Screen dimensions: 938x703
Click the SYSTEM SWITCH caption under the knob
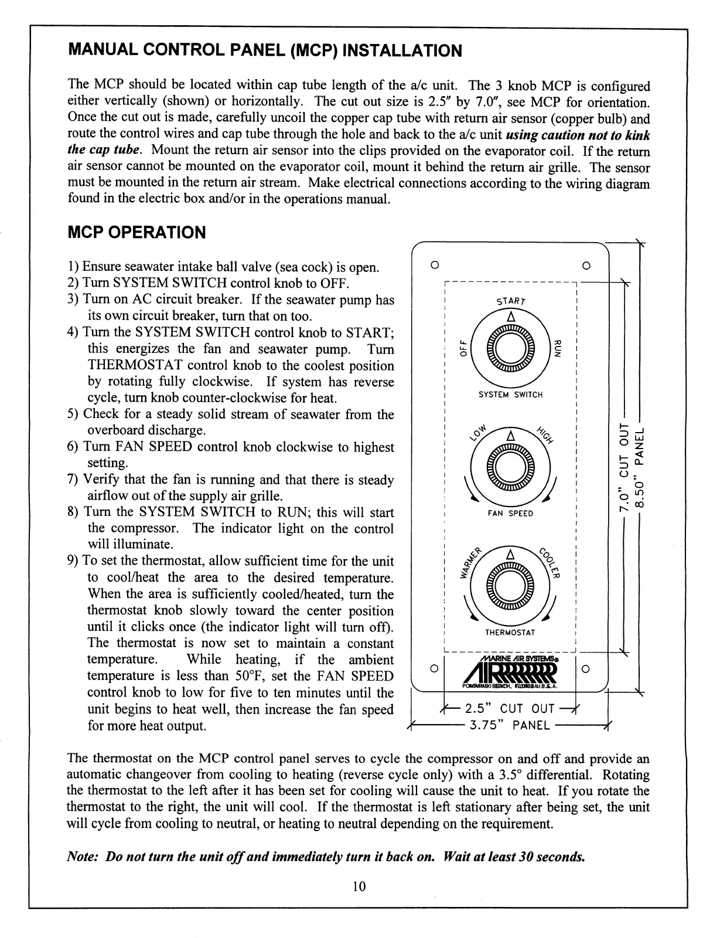pos(511,395)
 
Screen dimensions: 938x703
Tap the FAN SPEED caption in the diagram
pos(511,514)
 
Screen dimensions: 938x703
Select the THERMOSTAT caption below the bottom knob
pos(511,633)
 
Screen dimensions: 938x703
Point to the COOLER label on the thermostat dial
pos(551,563)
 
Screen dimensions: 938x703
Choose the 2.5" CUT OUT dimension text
pos(510,709)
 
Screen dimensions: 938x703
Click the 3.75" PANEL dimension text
pos(510,726)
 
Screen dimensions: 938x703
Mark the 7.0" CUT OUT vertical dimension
pos(624,467)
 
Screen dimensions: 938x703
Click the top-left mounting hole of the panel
pos(434,264)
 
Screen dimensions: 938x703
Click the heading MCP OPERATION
pos(137,233)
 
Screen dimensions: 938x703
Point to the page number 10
pos(359,886)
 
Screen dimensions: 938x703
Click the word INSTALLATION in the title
pos(401,50)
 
